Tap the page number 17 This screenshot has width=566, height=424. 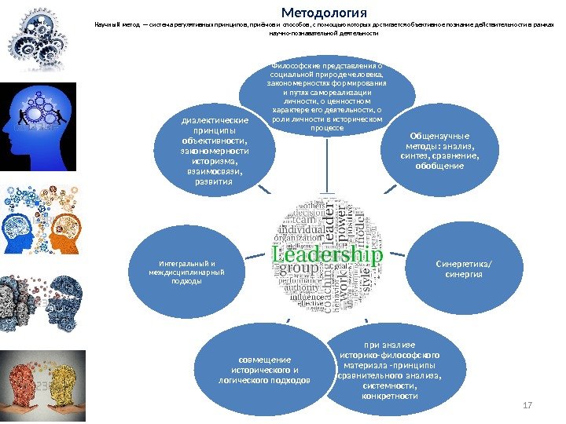527,404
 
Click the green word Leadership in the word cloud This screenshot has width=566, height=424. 327,255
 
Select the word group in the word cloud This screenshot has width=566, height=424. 296,269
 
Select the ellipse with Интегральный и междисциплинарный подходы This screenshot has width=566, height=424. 186,269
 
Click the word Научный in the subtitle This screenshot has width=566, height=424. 108,24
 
